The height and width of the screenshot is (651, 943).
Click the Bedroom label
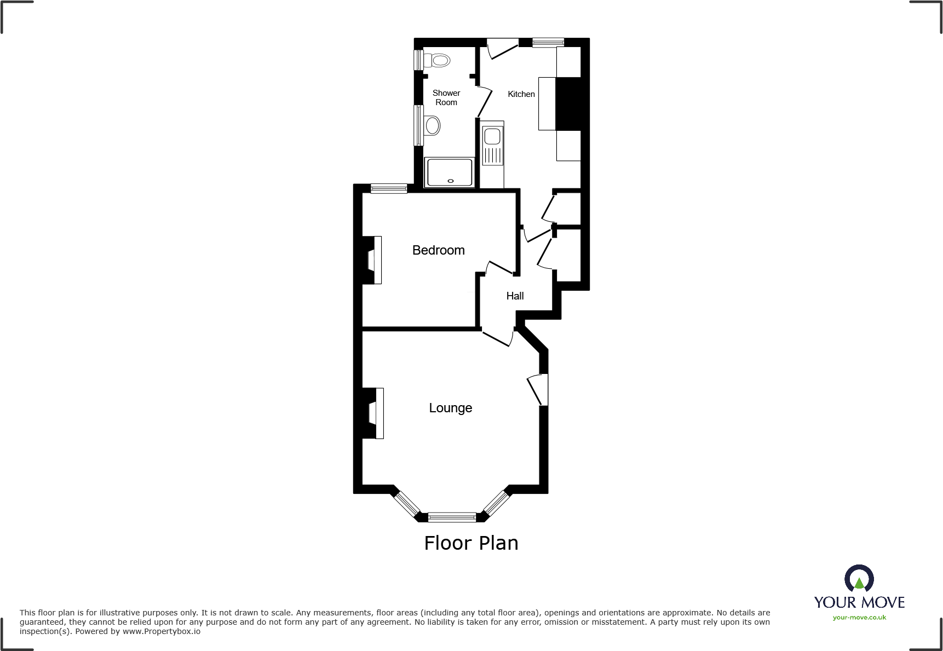tap(438, 250)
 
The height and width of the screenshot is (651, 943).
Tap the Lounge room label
tap(450, 408)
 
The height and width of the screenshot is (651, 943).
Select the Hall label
tap(515, 296)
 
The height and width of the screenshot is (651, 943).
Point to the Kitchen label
tap(521, 94)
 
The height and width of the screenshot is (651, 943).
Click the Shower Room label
tap(446, 97)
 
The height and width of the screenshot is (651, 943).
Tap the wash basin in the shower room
tap(432, 125)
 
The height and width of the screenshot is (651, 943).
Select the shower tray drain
tap(451, 181)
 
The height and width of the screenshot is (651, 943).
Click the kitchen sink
tap(492, 136)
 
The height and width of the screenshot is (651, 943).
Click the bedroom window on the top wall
tap(389, 189)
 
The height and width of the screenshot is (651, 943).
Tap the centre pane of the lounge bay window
tap(452, 517)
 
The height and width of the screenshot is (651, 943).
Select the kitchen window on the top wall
tap(548, 42)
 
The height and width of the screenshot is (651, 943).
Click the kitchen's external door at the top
tap(502, 48)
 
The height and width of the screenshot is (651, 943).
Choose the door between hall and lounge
tap(497, 337)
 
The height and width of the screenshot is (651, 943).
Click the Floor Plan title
tap(471, 543)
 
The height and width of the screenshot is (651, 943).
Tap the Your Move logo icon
tap(859, 578)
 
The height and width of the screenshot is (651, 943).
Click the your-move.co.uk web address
tap(859, 618)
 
